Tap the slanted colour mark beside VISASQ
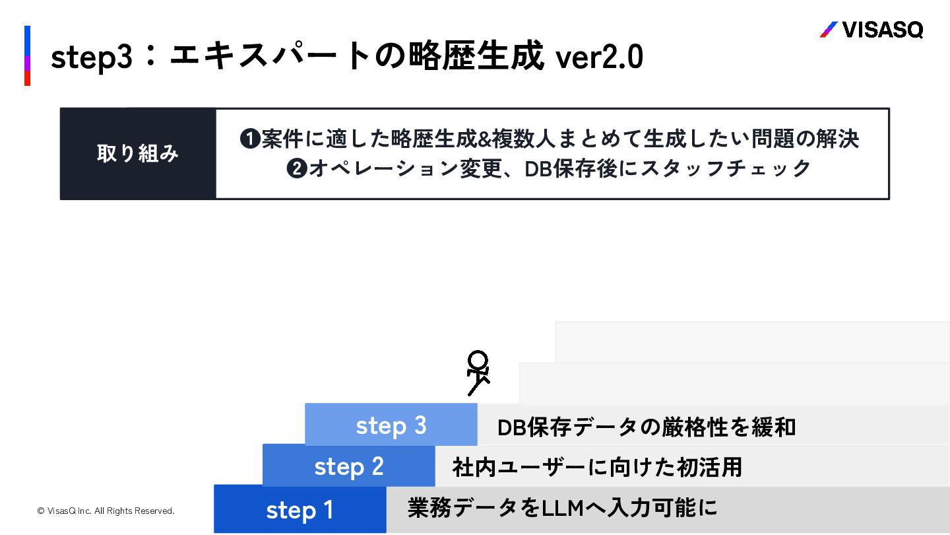click(x=828, y=30)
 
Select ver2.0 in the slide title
click(x=599, y=58)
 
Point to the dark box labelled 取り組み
click(x=138, y=154)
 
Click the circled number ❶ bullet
click(x=249, y=140)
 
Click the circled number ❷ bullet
click(x=296, y=169)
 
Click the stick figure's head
click(x=478, y=361)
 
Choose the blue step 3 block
click(x=391, y=425)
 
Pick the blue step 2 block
click(x=348, y=466)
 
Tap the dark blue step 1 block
click(x=300, y=509)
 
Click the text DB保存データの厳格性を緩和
click(x=647, y=427)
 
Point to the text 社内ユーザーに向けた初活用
click(x=597, y=468)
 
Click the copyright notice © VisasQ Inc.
click(x=106, y=511)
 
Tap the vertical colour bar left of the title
click(x=27, y=56)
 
